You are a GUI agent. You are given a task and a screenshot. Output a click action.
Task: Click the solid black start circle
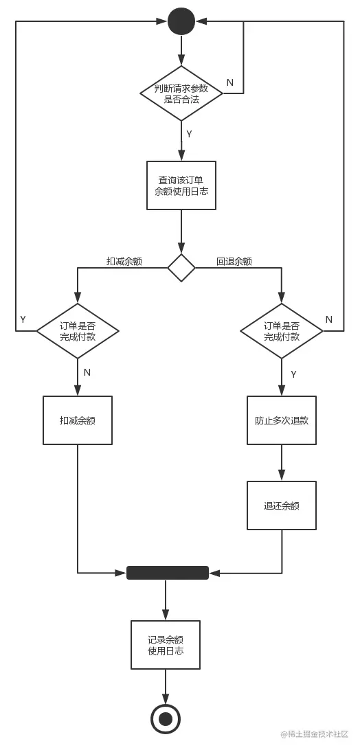coord(181,21)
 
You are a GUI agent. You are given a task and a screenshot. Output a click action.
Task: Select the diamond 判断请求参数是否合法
coord(181,93)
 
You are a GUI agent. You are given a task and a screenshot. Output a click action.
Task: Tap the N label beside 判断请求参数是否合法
coord(229,82)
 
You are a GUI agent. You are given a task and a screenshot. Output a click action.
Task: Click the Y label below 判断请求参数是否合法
coord(189,133)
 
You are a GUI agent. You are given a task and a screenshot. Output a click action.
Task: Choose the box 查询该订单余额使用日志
coord(181,185)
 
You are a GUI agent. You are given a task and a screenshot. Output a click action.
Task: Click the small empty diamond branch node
coord(181,267)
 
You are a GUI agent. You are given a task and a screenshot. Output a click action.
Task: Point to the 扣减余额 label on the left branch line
coord(124,261)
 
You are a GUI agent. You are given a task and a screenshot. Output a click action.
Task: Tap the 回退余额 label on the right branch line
coord(234,261)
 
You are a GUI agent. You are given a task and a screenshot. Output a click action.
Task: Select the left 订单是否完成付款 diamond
coord(78,331)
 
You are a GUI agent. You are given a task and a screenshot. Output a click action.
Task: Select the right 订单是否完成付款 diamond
coord(282,331)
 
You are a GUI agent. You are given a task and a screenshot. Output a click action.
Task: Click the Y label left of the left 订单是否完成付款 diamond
coord(23,319)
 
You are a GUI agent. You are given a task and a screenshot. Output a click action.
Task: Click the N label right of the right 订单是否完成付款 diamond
coord(328,319)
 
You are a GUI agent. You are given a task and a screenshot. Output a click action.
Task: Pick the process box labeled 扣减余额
coord(78,420)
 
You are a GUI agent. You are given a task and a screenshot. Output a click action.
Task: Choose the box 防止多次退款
coord(282,420)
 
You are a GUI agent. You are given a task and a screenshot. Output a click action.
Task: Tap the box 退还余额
coord(282,505)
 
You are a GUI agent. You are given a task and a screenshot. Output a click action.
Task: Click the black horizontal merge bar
coord(168,573)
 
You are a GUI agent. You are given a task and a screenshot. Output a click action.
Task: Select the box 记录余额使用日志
coord(166,645)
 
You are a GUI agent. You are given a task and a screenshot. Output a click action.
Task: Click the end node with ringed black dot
coord(166,719)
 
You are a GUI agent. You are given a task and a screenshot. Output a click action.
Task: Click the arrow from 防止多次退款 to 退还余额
coord(282,463)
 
